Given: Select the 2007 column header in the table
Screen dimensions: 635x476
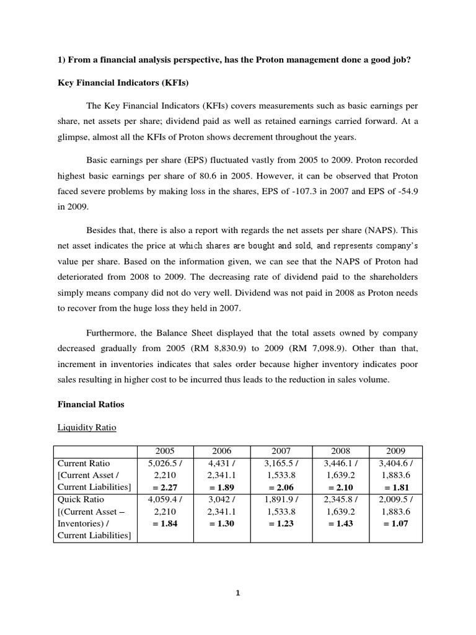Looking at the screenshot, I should pos(281,451).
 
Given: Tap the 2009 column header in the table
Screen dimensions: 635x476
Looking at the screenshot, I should pos(395,451).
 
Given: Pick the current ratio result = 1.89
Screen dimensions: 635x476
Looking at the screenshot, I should pos(222,487).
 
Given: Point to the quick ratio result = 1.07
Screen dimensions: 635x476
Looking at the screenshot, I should pos(395,523).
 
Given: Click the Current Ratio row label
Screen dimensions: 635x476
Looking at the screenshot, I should pos(81,463).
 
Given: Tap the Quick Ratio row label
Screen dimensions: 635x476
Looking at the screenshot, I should pos(81,499).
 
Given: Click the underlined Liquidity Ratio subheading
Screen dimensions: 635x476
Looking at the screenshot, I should pos(86,427).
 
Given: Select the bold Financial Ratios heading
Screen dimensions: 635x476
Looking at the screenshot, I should pos(90,404).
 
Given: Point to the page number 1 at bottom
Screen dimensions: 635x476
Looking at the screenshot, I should pos(238,593).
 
